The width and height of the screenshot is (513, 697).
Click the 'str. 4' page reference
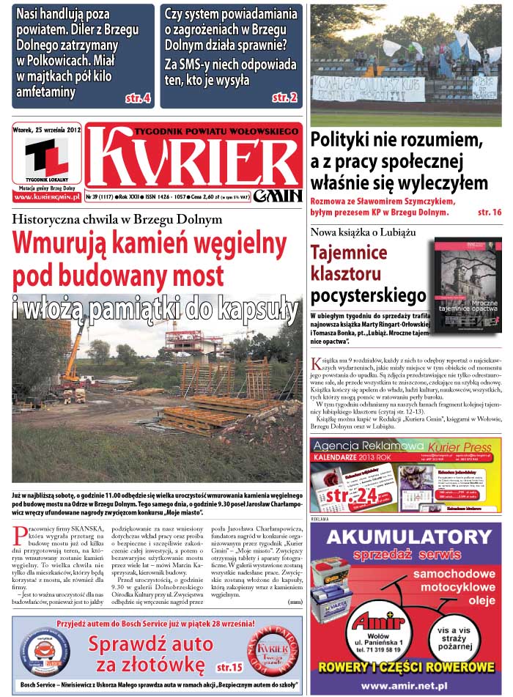coord(138,97)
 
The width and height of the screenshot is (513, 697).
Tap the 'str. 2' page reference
coord(284,97)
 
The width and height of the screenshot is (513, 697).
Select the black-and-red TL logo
coord(46,157)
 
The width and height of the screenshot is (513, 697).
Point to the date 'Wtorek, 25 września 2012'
coord(46,130)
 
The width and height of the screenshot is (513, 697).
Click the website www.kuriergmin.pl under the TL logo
coord(46,198)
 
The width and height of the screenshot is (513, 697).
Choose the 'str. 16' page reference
coord(489,213)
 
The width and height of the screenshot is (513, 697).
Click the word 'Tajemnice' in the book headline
coord(349,253)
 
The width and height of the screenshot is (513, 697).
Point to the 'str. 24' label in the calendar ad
coord(353,495)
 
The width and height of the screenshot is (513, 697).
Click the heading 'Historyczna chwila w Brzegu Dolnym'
coord(117,219)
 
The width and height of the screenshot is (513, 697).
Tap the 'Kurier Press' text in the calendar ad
coord(460,446)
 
